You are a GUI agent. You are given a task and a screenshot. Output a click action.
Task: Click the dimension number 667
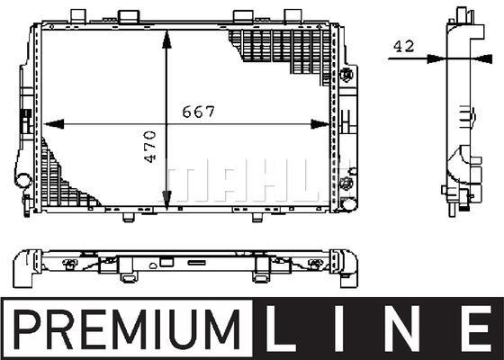(198, 112)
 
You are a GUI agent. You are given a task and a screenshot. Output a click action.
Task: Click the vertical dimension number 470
(150, 146)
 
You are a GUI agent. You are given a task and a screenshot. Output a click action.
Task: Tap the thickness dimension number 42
(404, 46)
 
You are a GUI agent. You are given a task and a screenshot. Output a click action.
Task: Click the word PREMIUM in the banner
(127, 329)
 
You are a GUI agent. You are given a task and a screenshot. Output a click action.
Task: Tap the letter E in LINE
(477, 328)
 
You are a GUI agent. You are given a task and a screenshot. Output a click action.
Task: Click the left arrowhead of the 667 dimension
(54, 124)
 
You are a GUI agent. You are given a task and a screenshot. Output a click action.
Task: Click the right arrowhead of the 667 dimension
(320, 124)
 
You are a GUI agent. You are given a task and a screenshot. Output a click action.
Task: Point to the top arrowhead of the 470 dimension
(166, 40)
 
